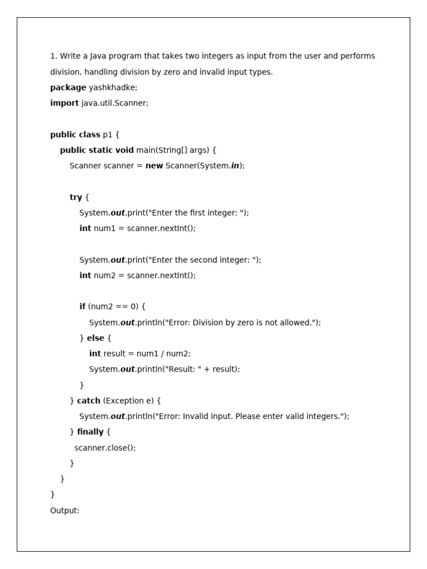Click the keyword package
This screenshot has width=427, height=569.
pos(68,87)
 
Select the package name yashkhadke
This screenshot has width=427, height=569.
pos(113,87)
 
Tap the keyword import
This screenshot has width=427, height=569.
pos(64,103)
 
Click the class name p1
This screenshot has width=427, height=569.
pos(107,134)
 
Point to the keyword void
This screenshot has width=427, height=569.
pos(125,150)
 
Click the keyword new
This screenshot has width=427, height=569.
pos(154,166)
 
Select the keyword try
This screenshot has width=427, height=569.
pos(76,197)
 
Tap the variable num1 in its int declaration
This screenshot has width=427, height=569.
pos(103,228)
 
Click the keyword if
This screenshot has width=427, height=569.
pos(82,306)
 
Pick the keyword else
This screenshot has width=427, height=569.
pos(96,338)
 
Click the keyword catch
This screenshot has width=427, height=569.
pos(88,401)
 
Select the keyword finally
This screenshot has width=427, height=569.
pos(90,432)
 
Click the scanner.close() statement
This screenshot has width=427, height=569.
pos(105,447)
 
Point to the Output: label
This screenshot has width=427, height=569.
pos(64,510)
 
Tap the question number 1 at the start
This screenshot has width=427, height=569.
pos(53,56)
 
